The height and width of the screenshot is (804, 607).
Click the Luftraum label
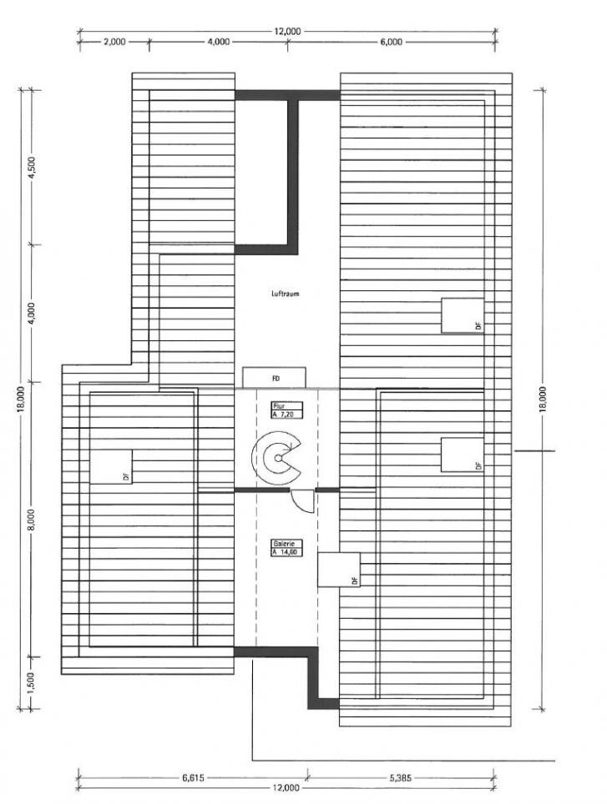(285, 294)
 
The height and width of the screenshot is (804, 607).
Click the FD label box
(274, 378)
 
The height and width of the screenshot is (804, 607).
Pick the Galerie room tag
(287, 548)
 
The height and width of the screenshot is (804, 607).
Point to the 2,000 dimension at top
(114, 42)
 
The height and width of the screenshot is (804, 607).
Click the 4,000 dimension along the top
(219, 42)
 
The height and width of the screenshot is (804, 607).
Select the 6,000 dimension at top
(391, 42)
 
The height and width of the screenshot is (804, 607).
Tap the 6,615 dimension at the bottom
(193, 778)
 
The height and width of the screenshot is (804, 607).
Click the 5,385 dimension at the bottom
(400, 778)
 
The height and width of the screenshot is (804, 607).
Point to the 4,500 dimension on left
(32, 167)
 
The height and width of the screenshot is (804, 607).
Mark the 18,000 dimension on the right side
(543, 399)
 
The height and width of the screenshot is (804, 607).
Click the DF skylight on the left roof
(111, 466)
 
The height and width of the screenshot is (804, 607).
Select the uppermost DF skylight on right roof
(463, 315)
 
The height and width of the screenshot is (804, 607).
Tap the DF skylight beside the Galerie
(339, 570)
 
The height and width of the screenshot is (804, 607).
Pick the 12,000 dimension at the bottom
(286, 788)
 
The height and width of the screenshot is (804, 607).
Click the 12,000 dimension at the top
(287, 32)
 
